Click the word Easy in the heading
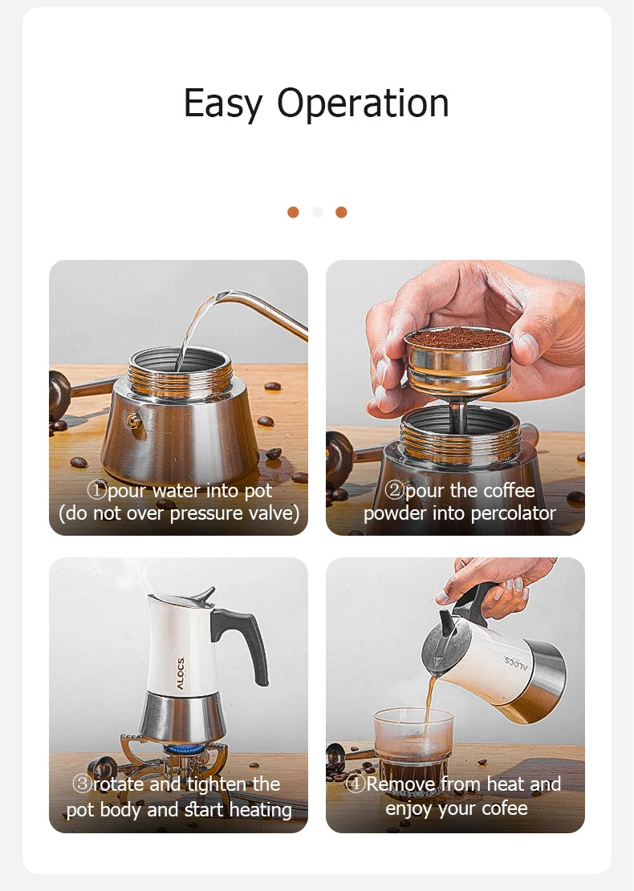click(222, 104)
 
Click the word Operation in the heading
click(363, 103)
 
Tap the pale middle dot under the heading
click(317, 212)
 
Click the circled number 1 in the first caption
click(96, 490)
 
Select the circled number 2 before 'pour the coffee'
click(394, 490)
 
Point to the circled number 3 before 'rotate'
click(82, 784)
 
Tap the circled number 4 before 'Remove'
click(355, 784)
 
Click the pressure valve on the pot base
click(134, 421)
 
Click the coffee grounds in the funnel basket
click(458, 338)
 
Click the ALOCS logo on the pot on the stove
click(181, 674)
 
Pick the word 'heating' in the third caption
click(261, 809)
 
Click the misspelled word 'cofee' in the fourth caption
click(503, 808)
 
